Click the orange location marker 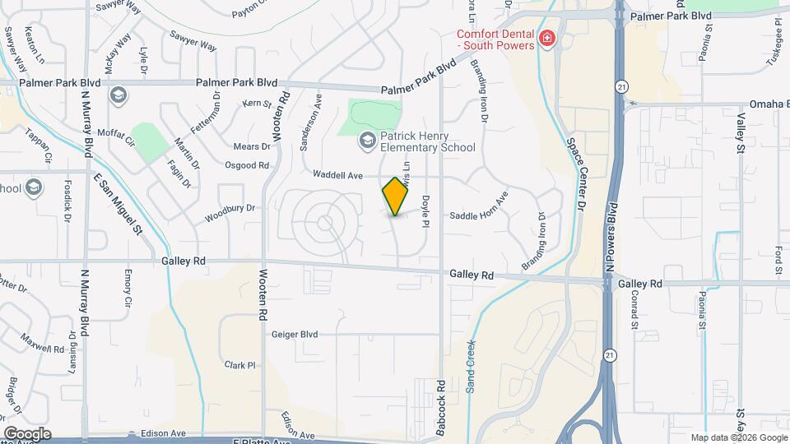[x=396, y=196]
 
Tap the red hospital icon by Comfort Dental [x=545, y=39]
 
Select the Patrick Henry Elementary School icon [x=366, y=141]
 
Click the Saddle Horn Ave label [x=479, y=215]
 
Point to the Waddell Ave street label [x=337, y=174]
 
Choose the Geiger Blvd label [x=295, y=335]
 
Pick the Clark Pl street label [x=241, y=364]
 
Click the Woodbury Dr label [x=230, y=215]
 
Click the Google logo [x=27, y=433]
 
